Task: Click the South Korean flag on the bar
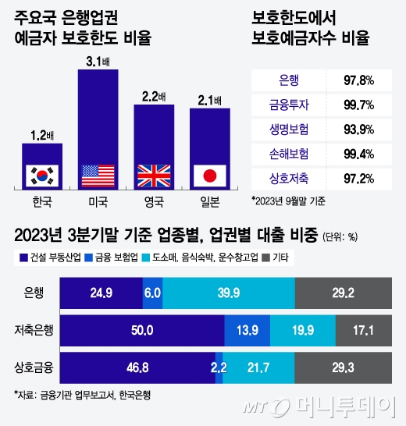42,175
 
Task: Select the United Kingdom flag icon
154,175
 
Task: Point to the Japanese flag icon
209,175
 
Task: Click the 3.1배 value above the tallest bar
98,59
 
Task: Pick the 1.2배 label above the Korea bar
42,135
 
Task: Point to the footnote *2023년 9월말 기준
288,201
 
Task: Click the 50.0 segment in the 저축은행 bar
141,329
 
